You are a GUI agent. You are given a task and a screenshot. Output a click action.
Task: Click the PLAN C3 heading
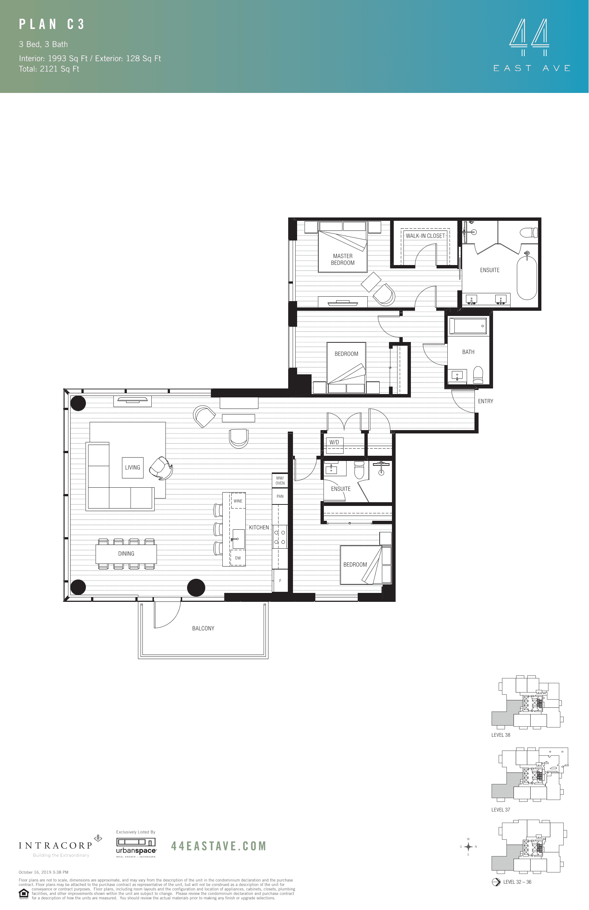pyautogui.click(x=52, y=25)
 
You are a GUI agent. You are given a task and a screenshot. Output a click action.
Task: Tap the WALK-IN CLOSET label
pyautogui.click(x=425, y=236)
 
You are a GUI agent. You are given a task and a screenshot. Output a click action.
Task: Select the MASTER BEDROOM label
pyautogui.click(x=343, y=259)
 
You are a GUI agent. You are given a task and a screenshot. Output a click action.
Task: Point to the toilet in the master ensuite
pyautogui.click(x=530, y=232)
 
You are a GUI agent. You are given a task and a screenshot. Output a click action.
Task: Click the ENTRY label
pyautogui.click(x=485, y=401)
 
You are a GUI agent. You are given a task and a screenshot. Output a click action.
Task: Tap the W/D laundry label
pyautogui.click(x=334, y=442)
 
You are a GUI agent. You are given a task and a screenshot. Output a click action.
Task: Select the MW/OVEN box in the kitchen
pyautogui.click(x=280, y=481)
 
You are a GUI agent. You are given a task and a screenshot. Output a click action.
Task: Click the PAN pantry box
pyautogui.click(x=280, y=496)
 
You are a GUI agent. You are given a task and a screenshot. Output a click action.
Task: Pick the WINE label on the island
pyautogui.click(x=238, y=501)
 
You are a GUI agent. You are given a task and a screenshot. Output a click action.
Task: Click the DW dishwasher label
pyautogui.click(x=238, y=558)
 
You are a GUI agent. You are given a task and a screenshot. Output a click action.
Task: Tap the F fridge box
pyautogui.click(x=280, y=581)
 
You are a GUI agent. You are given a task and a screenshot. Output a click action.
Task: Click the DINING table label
pyautogui.click(x=126, y=554)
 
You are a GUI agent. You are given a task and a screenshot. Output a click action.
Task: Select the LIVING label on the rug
pyautogui.click(x=133, y=468)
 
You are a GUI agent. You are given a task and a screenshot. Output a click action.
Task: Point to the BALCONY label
pyautogui.click(x=203, y=628)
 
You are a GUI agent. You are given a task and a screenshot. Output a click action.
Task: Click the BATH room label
pyautogui.click(x=468, y=352)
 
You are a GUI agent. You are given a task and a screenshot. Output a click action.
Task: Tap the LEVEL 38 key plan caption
pyautogui.click(x=501, y=735)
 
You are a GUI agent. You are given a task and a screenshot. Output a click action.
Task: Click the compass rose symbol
pyautogui.click(x=468, y=846)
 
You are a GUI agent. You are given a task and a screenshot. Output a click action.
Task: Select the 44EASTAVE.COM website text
pyautogui.click(x=218, y=846)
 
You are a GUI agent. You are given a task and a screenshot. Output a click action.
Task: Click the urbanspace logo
pyautogui.click(x=136, y=846)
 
